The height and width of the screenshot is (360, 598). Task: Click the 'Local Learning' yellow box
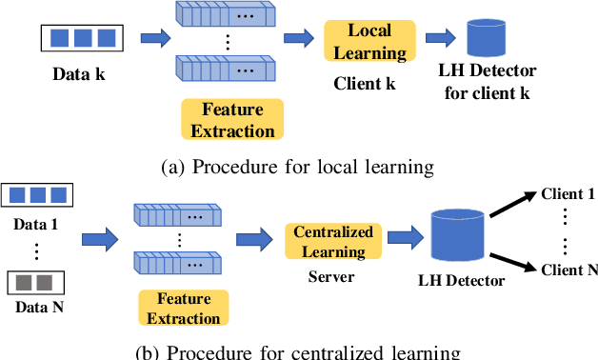pyautogui.click(x=369, y=42)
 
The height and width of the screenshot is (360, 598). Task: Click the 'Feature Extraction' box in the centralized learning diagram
pyautogui.click(x=185, y=307)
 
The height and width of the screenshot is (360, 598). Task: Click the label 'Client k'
pyautogui.click(x=363, y=83)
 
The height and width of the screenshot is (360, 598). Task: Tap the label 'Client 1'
pyautogui.click(x=568, y=194)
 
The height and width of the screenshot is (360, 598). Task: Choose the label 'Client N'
pyautogui.click(x=568, y=270)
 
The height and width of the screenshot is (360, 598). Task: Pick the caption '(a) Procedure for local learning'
pyautogui.click(x=298, y=167)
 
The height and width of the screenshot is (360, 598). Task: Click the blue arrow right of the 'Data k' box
pyautogui.click(x=154, y=39)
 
